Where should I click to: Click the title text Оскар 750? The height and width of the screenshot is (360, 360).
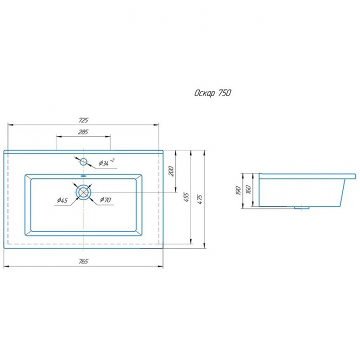(x=212, y=93)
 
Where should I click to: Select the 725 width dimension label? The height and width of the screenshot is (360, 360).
(x=83, y=120)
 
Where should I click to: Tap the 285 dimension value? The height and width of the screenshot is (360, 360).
(x=83, y=132)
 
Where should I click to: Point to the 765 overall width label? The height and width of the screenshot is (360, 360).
(x=83, y=261)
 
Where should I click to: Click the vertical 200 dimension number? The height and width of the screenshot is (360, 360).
(x=171, y=171)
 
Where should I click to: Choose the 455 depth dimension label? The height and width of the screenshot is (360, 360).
(x=186, y=197)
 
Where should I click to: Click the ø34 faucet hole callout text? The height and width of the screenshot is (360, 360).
(x=106, y=162)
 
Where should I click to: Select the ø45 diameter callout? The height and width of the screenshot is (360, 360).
(x=62, y=200)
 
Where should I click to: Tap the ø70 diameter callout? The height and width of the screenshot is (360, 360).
(x=105, y=199)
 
